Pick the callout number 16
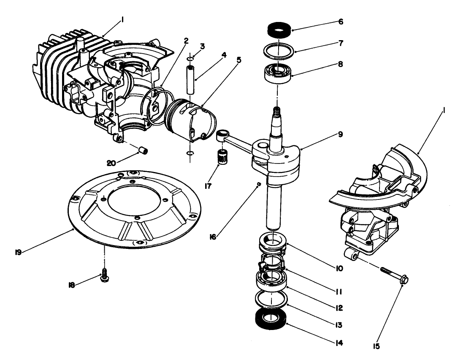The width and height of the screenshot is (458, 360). click(x=213, y=237)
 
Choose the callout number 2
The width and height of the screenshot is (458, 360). click(x=185, y=41)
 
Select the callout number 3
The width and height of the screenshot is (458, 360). click(x=202, y=46)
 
